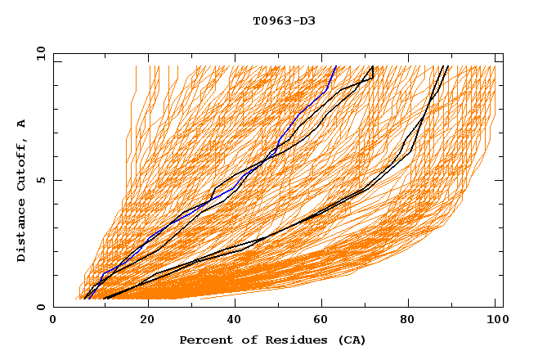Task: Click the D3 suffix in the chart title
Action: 307,21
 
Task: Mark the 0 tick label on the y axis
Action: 40,308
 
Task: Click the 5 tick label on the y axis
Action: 40,180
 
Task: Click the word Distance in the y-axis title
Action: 22,232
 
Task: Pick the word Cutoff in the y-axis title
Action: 22,163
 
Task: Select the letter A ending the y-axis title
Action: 22,124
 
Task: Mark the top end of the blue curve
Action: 335,67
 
